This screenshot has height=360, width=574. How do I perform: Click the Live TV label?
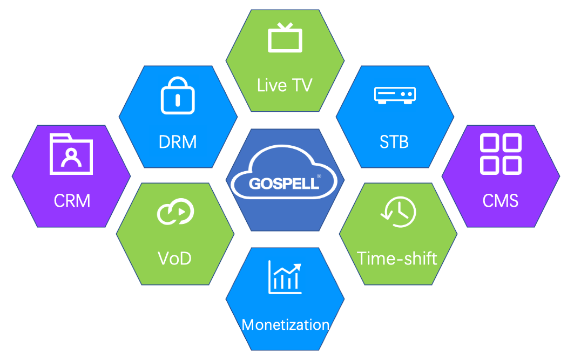(x=285, y=85)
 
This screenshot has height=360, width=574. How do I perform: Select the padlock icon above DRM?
(x=178, y=95)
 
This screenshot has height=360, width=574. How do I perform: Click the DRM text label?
(x=178, y=142)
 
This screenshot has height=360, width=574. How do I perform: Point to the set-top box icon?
(x=394, y=95)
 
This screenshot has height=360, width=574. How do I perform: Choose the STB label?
(x=394, y=142)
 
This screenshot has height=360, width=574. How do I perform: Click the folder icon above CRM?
(x=71, y=154)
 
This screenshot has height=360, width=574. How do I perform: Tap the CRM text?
(x=72, y=201)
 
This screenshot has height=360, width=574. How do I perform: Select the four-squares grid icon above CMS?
(x=501, y=154)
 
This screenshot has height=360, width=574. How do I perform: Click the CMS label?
(x=501, y=201)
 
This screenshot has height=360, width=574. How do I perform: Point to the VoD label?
(x=174, y=259)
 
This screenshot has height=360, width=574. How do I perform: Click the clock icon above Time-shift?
(x=399, y=211)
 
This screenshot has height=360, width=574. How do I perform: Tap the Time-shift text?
(x=397, y=258)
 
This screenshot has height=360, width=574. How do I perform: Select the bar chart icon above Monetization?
(x=285, y=277)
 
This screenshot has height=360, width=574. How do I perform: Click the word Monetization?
(x=285, y=324)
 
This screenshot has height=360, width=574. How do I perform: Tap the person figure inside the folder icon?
(x=71, y=157)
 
